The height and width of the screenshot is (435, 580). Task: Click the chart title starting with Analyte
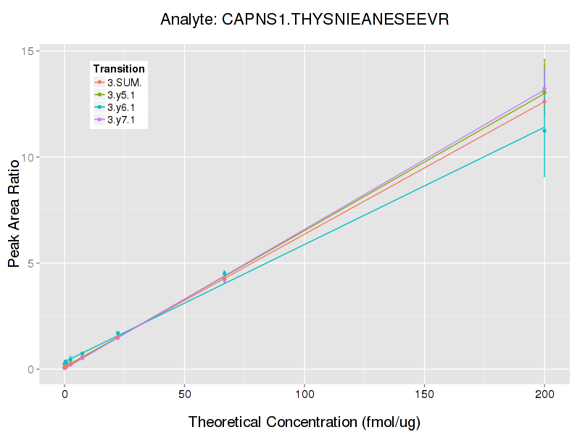point(304,19)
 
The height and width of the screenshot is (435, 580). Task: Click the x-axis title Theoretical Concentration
point(304,421)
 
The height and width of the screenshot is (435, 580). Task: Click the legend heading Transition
point(119,69)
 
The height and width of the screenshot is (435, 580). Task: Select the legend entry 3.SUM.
point(124,83)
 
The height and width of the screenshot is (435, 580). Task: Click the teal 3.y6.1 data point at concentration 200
point(544,130)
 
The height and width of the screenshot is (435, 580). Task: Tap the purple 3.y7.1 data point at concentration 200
point(544,89)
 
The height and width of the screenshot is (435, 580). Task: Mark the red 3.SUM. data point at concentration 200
point(544,101)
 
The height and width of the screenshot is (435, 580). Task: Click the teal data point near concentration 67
point(225,273)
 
